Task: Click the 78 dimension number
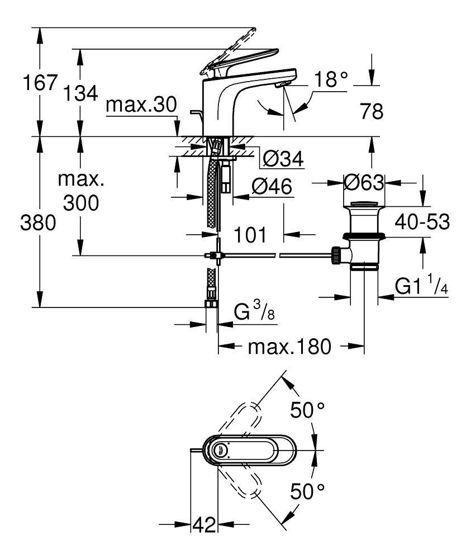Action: (371, 112)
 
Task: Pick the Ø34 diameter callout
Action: (282, 160)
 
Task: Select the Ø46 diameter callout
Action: (272, 187)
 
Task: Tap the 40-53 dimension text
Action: (422, 222)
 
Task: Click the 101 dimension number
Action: (249, 235)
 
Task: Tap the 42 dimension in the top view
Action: (204, 525)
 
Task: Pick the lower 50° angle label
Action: (307, 492)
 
